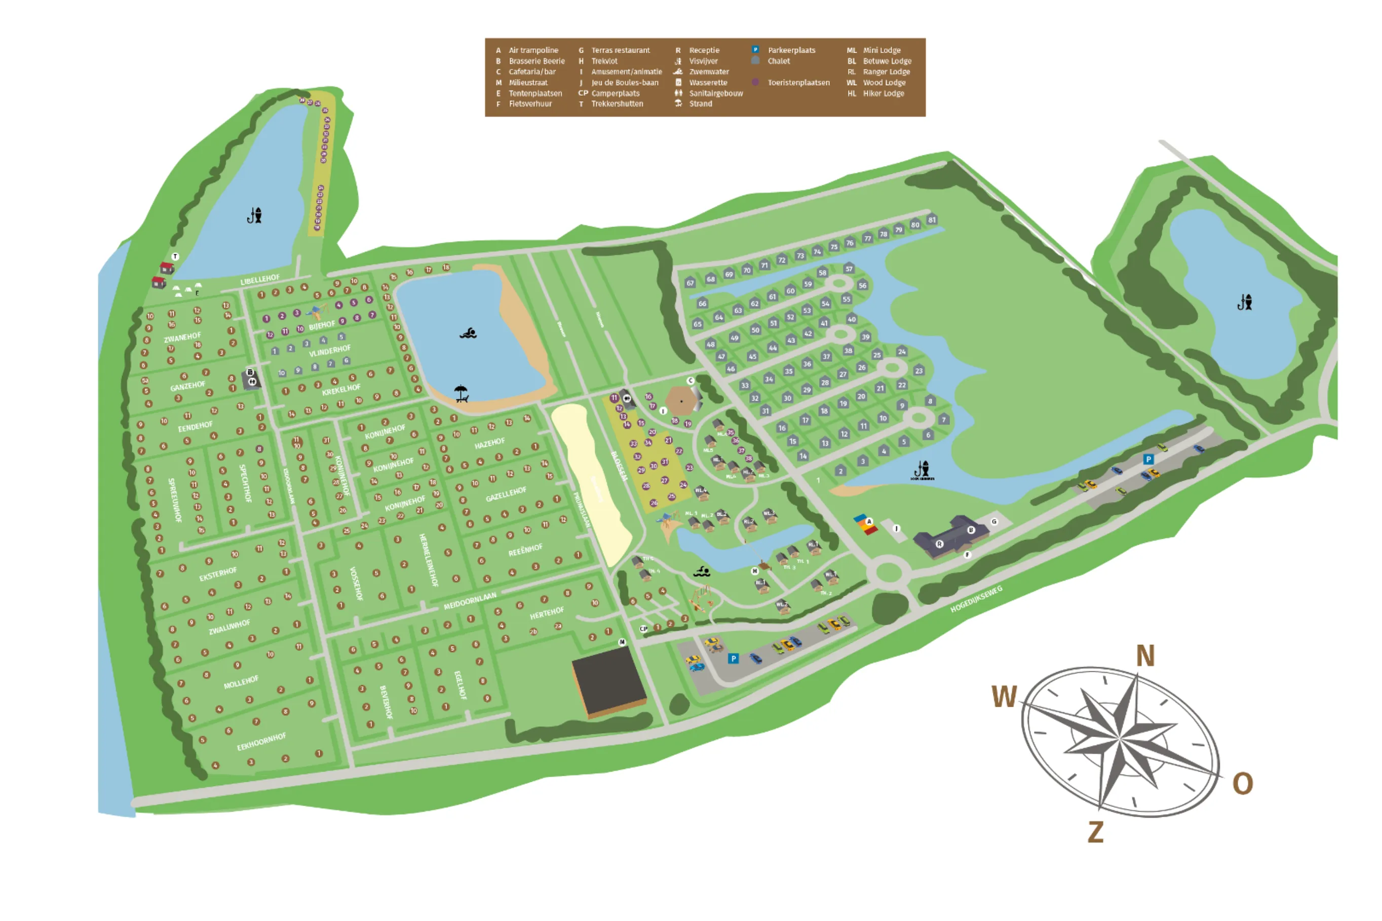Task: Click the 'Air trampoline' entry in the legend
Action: click(533, 51)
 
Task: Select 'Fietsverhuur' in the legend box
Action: click(530, 104)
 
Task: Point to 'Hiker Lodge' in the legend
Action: click(883, 93)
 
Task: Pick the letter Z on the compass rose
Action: click(1095, 832)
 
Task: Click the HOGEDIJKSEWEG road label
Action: click(976, 599)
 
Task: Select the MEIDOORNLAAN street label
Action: click(469, 601)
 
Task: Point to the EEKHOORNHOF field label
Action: click(261, 742)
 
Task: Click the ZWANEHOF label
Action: click(182, 338)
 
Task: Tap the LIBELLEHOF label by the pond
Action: click(259, 279)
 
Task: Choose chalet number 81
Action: click(932, 220)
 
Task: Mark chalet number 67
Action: click(689, 283)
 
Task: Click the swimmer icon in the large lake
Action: click(468, 334)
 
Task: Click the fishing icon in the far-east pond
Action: click(1244, 302)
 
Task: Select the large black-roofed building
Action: click(608, 681)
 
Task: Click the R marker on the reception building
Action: click(939, 545)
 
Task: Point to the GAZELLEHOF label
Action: click(506, 494)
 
